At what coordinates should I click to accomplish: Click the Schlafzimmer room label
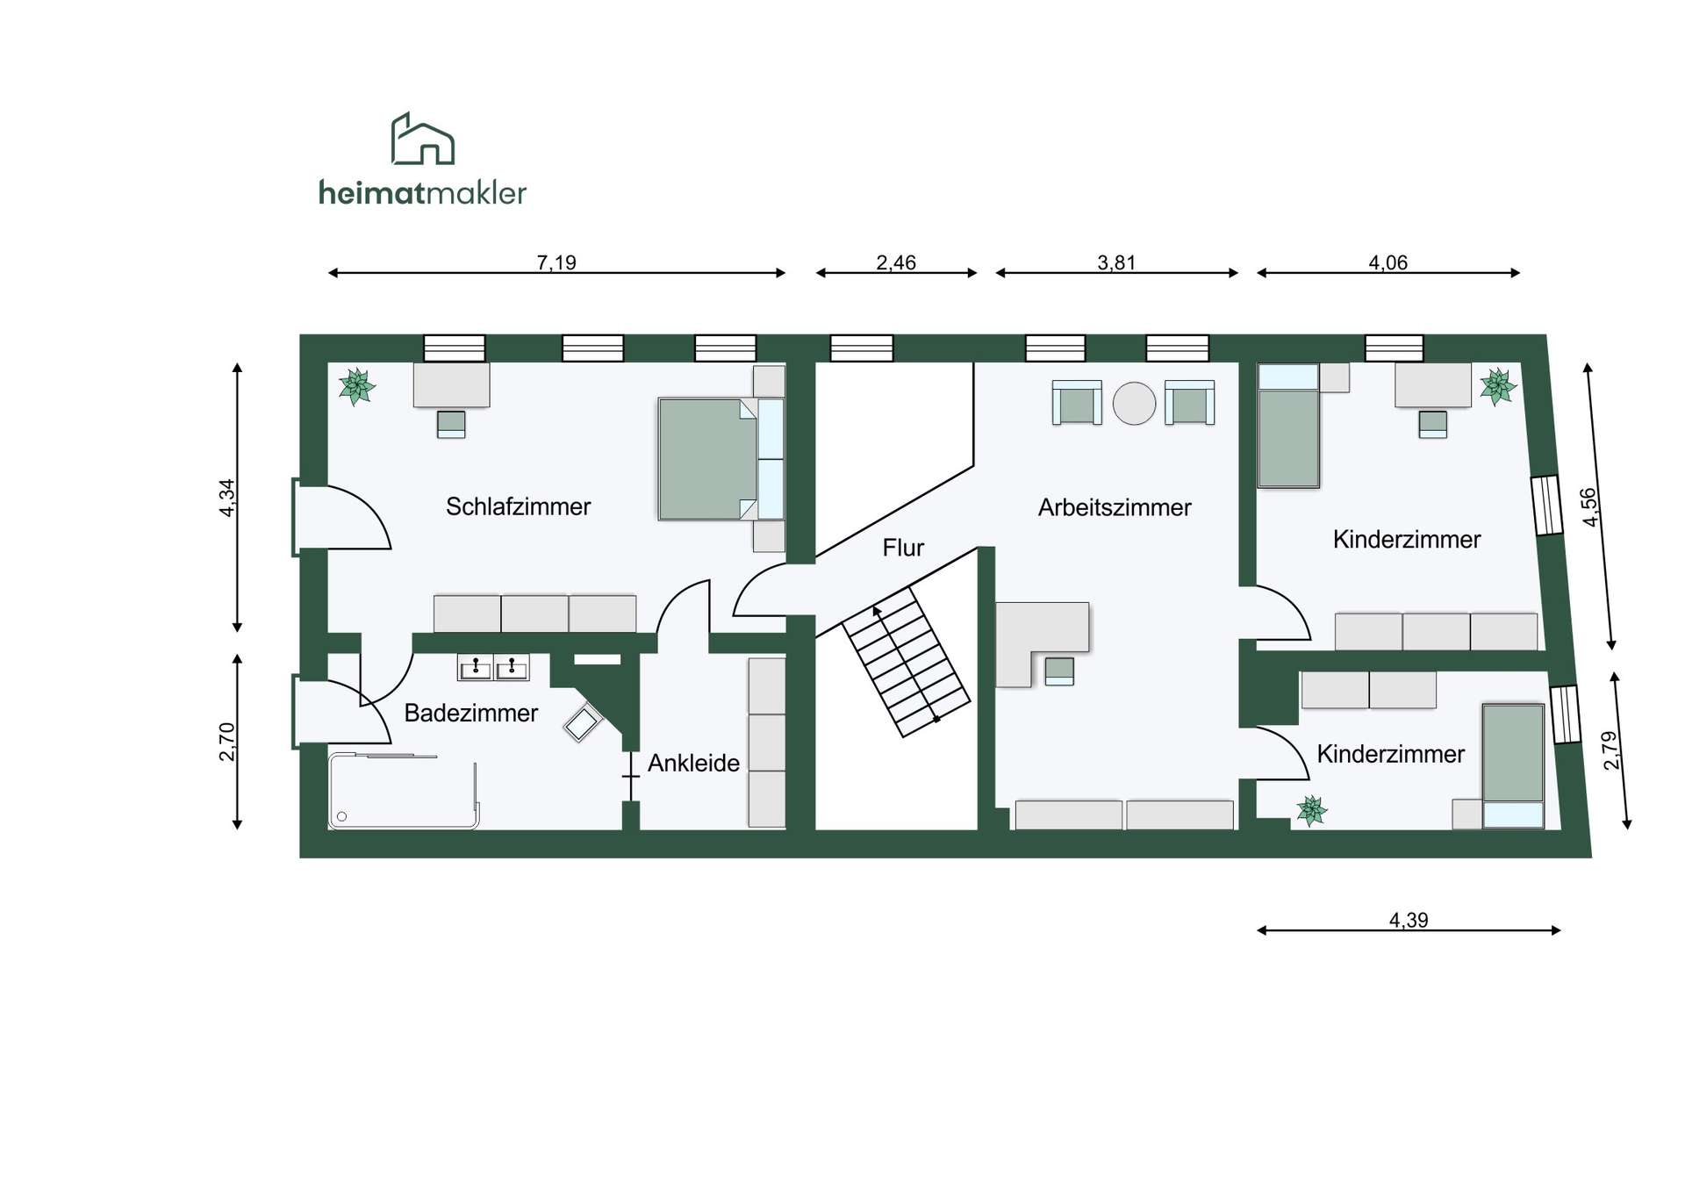tap(518, 506)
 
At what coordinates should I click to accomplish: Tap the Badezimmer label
tap(470, 713)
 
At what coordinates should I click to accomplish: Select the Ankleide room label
tap(693, 763)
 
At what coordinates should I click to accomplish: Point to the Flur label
tap(903, 548)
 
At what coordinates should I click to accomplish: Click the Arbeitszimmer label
tap(1115, 507)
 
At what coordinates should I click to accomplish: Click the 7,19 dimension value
tap(556, 262)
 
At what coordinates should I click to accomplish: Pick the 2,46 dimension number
tap(896, 262)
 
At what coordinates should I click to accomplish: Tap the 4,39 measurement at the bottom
tap(1409, 920)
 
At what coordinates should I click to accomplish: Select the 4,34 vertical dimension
tap(227, 498)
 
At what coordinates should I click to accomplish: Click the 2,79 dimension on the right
tap(1610, 750)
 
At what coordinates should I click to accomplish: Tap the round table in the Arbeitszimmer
tap(1134, 404)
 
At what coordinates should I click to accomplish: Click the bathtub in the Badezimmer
tap(404, 791)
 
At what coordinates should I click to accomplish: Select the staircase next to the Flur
tap(907, 662)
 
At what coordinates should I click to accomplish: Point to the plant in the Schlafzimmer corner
tap(356, 386)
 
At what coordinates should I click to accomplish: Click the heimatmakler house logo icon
tap(422, 139)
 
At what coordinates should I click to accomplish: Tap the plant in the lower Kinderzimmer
tap(1311, 810)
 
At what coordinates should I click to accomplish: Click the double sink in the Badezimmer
tap(493, 667)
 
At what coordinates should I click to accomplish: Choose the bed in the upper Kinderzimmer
tap(1288, 426)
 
